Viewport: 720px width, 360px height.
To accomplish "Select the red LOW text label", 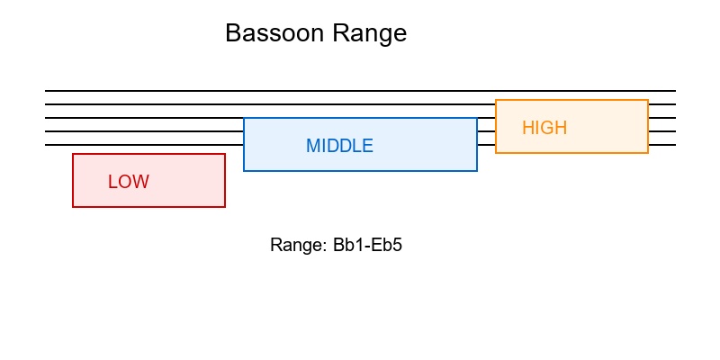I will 129,182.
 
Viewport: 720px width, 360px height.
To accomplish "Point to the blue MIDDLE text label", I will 339,146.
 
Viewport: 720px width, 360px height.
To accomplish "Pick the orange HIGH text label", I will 544,128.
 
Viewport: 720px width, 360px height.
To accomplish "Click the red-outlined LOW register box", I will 180,193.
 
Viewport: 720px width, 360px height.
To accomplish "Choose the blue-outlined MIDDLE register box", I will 414,157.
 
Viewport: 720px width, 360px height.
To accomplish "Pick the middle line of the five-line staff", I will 144,118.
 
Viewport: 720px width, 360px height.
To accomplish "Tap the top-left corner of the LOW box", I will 73,154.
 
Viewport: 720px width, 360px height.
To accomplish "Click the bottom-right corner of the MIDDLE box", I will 477,170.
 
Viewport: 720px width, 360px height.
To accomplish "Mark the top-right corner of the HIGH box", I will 648,100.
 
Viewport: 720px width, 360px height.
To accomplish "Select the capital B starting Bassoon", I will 232,33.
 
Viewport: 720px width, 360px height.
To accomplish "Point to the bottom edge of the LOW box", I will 148,206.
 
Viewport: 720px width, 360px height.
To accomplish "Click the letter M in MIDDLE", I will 312,146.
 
